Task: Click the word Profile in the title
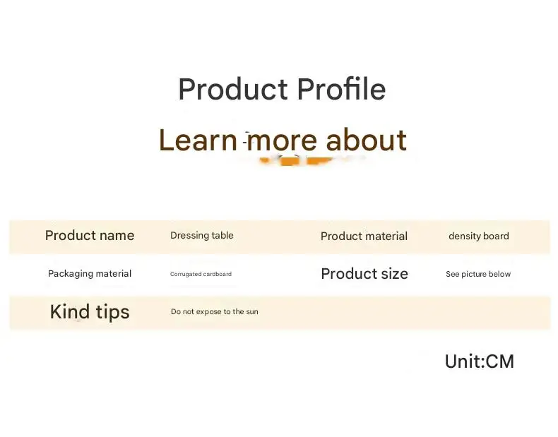341,89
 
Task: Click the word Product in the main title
233,88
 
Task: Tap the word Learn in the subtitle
198,140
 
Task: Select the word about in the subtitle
366,140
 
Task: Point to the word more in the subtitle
282,141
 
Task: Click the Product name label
90,235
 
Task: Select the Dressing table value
202,235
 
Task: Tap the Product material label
364,236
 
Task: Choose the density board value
479,236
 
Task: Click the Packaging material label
90,273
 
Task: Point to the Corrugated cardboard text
201,274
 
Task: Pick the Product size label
364,273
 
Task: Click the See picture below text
478,274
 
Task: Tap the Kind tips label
90,312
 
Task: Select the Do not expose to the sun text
215,311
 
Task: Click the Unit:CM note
480,361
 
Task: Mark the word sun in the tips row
252,312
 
